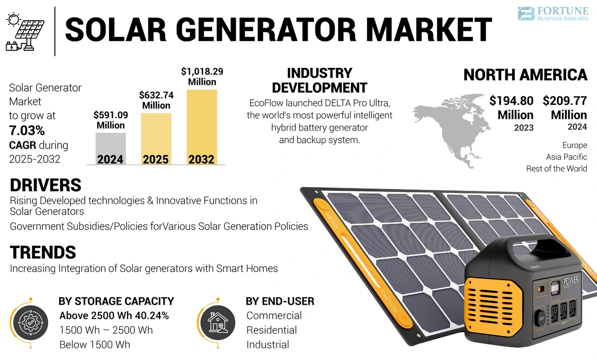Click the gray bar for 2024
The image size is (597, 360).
click(x=111, y=149)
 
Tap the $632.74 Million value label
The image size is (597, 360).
click(x=156, y=100)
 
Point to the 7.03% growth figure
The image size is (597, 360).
click(x=27, y=130)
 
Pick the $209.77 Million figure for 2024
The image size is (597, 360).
click(x=565, y=107)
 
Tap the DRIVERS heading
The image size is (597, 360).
click(x=45, y=185)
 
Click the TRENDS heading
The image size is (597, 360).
click(x=43, y=253)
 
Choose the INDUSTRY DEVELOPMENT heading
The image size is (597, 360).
click(x=319, y=80)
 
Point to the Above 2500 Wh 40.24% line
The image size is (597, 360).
click(x=114, y=316)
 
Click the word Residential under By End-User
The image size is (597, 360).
click(x=271, y=330)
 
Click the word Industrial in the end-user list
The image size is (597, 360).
click(x=268, y=345)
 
